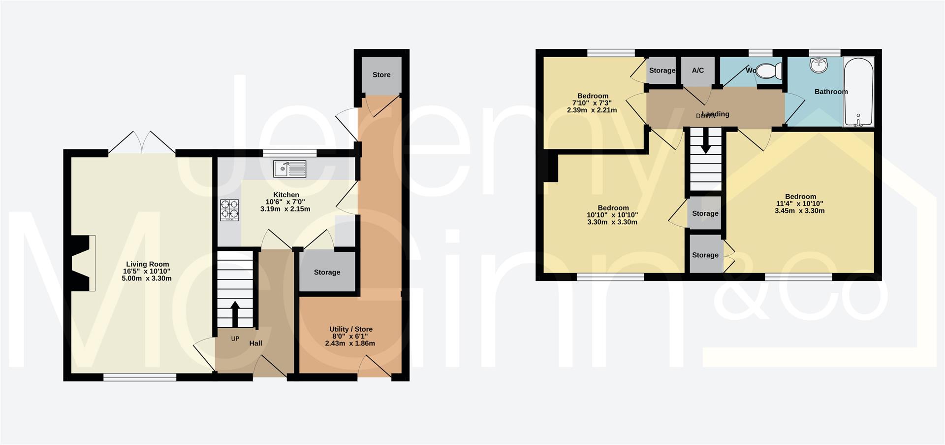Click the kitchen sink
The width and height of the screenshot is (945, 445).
pyautogui.click(x=289, y=169)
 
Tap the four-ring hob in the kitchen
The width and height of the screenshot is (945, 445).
pyautogui.click(x=229, y=209)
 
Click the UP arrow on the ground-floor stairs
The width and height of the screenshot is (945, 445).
pyautogui.click(x=235, y=313)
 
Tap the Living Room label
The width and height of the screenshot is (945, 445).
pyautogui.click(x=147, y=264)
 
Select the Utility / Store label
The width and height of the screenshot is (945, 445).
pyautogui.click(x=350, y=329)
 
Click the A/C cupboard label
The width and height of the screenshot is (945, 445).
pyautogui.click(x=697, y=70)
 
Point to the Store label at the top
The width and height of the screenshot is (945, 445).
pyautogui.click(x=381, y=75)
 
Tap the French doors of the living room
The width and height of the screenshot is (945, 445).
pyautogui.click(x=142, y=142)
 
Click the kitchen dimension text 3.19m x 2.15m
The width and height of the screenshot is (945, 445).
pyautogui.click(x=285, y=209)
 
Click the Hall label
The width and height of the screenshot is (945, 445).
pyautogui.click(x=255, y=343)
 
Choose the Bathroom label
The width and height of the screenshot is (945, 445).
pyautogui.click(x=831, y=92)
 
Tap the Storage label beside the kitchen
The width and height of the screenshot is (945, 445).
pyautogui.click(x=327, y=273)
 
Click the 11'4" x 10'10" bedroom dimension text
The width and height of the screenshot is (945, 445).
pyautogui.click(x=800, y=204)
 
